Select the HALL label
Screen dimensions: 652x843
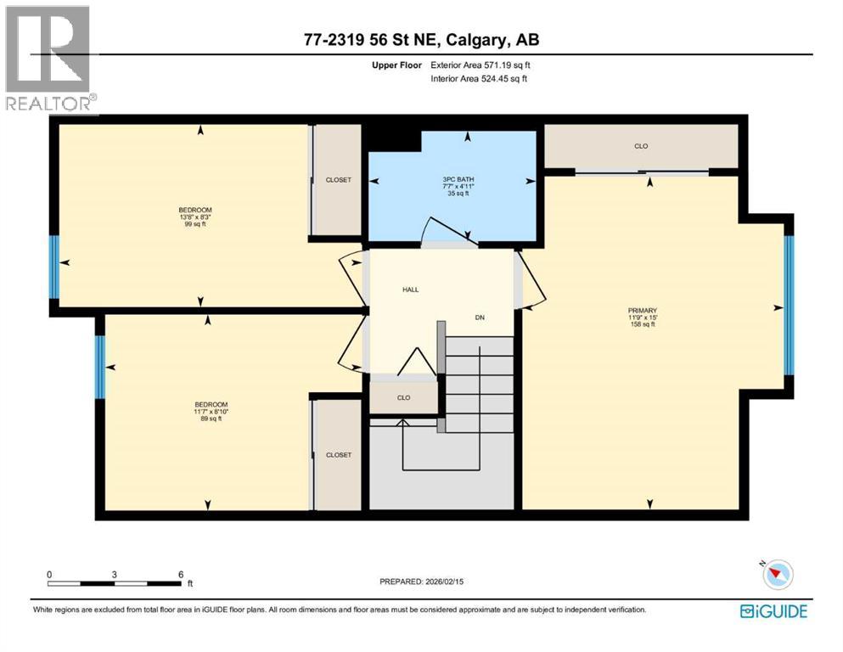[410, 289]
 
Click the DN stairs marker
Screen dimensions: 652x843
[479, 318]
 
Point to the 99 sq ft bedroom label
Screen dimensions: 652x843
[194, 216]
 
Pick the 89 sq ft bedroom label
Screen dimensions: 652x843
[211, 411]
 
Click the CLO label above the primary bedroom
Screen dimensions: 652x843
[641, 146]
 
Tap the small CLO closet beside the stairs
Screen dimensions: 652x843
[403, 397]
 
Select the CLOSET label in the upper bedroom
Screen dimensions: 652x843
[338, 180]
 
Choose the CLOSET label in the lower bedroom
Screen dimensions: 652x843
[338, 455]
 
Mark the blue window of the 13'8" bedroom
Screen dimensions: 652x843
[54, 267]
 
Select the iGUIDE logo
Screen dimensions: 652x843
[773, 610]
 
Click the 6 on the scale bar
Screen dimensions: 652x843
[180, 574]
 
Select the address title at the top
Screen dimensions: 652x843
[421, 40]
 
